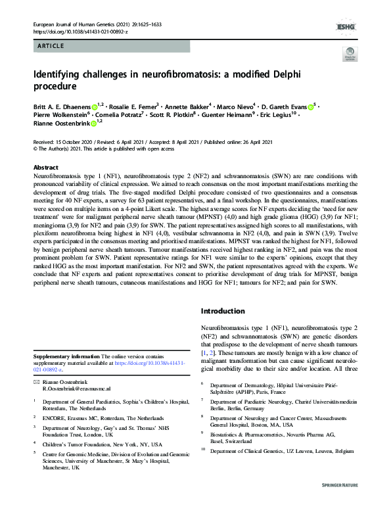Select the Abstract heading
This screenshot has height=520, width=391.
tap(46, 168)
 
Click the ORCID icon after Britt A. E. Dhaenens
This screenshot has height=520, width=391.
tap(95, 106)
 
